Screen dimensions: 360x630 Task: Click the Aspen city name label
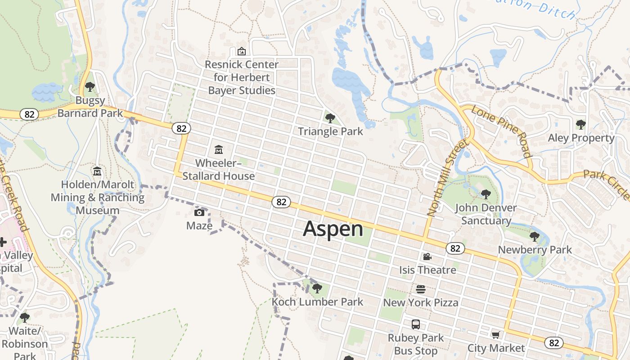point(333,229)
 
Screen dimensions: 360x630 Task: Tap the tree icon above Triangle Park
point(330,118)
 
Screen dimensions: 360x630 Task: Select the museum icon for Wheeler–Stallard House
point(219,149)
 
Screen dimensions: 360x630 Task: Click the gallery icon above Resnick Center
point(242,51)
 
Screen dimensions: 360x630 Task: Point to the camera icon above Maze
point(199,212)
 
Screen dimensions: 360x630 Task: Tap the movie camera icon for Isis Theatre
point(427,256)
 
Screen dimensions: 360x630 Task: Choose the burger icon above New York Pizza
point(421,289)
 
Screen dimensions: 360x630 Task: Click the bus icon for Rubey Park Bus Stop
point(416,324)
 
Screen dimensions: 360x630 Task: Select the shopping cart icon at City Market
point(495,335)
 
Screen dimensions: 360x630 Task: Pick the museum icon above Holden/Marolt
point(97,171)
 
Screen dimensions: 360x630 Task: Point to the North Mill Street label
point(447,178)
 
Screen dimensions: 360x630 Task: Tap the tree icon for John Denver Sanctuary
point(486,194)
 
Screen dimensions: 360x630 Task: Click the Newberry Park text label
point(535,250)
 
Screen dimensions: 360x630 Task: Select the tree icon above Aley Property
point(580,124)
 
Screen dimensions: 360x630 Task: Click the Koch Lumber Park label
point(317,302)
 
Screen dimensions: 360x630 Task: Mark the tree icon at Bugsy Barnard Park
point(90,86)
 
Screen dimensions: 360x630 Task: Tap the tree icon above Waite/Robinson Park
point(25,318)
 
